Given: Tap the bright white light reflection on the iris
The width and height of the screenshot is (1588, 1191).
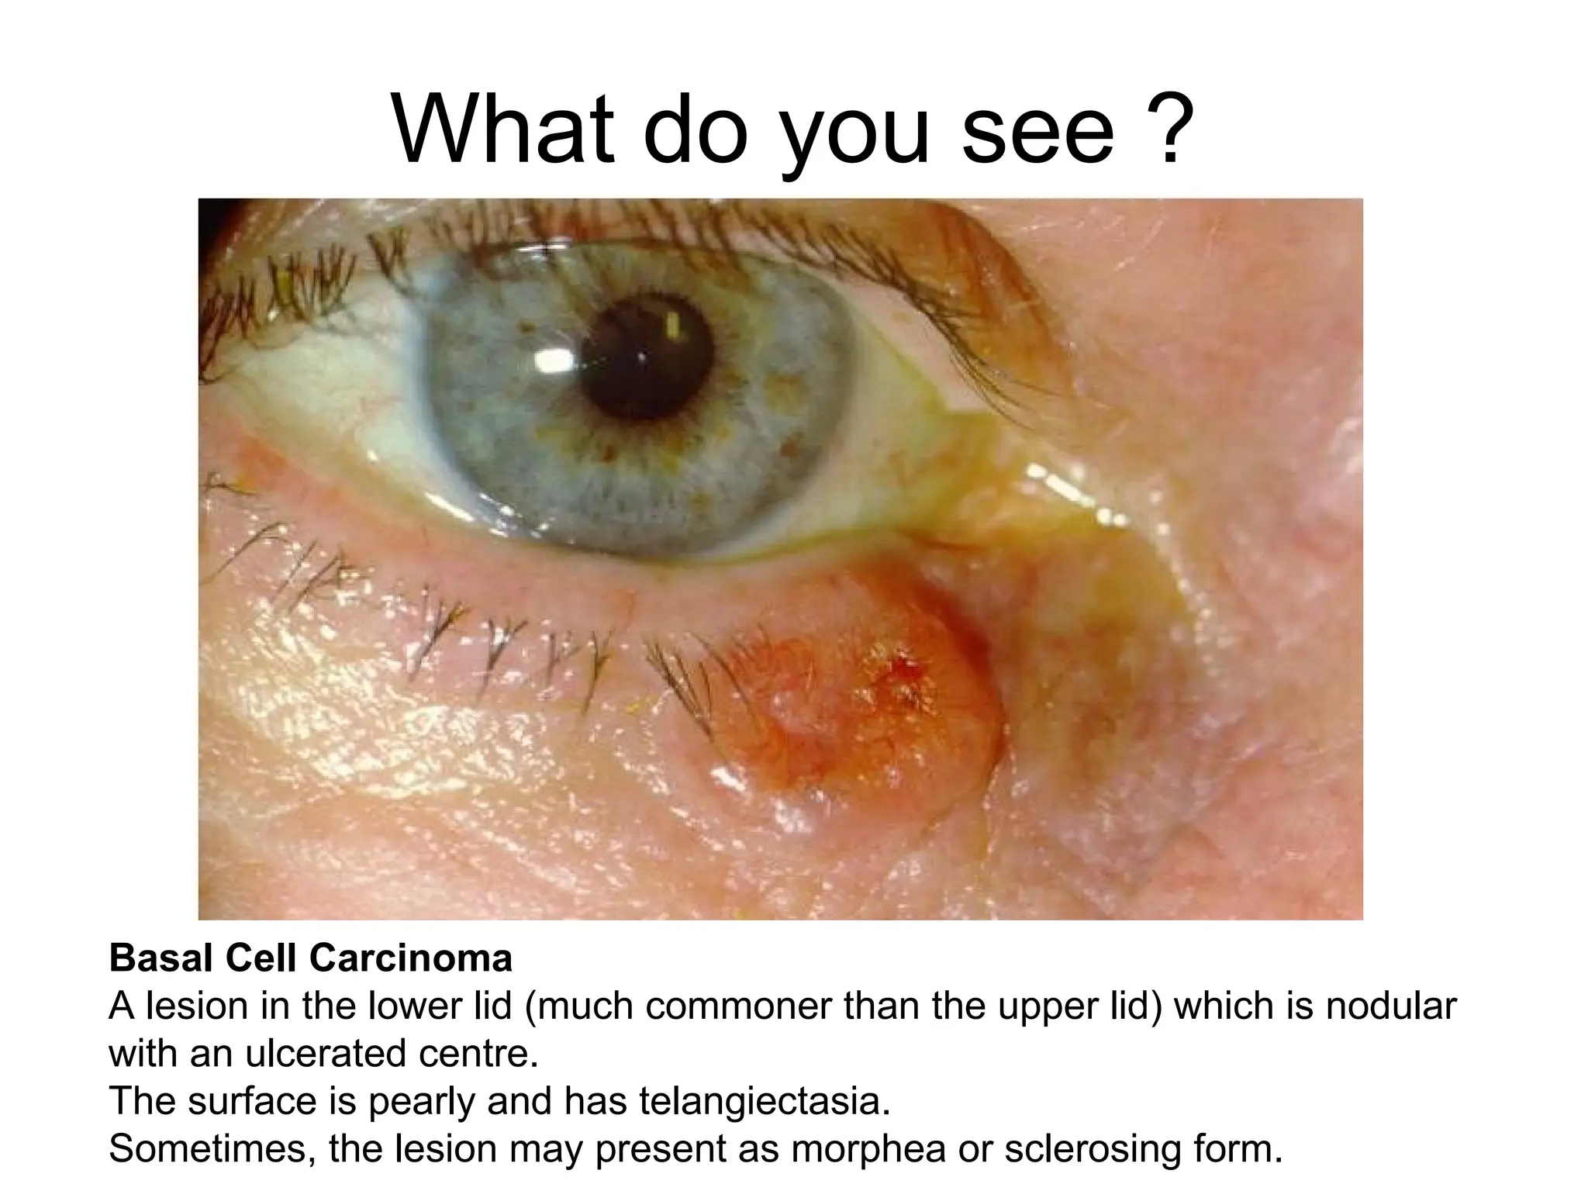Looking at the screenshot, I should tap(554, 359).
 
